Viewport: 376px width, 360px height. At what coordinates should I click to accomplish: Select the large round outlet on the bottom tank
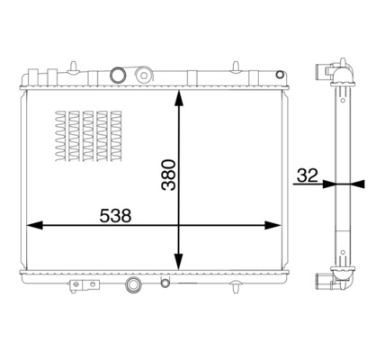coord(134,287)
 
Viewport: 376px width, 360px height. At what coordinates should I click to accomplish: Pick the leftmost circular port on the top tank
coord(114,75)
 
